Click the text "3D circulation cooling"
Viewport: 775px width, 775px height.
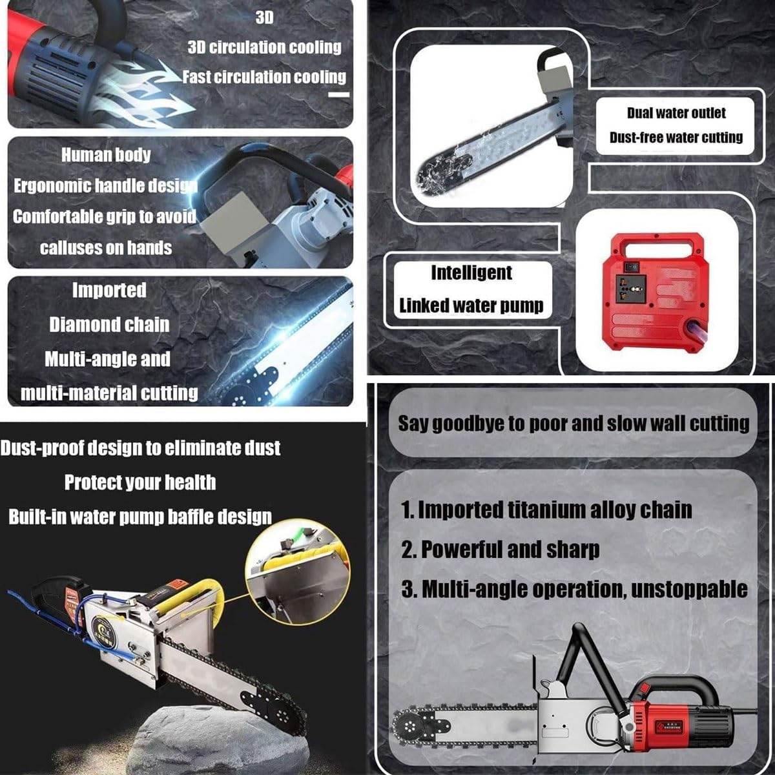click(x=264, y=47)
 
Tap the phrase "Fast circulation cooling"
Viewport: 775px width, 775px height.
click(x=264, y=77)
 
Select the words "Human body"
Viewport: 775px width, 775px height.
click(x=106, y=155)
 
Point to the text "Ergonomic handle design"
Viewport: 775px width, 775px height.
click(x=105, y=186)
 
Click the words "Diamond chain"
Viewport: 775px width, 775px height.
click(x=109, y=325)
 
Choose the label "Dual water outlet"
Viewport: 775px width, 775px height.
click(x=676, y=113)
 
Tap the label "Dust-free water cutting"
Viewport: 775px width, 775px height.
click(x=676, y=138)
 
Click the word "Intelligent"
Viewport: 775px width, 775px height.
click(x=471, y=273)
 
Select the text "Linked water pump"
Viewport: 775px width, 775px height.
click(x=471, y=305)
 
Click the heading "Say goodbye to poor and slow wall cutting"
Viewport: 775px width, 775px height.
click(x=573, y=424)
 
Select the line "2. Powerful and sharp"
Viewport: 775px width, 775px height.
click(x=501, y=549)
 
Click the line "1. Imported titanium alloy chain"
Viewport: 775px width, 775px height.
click(x=546, y=510)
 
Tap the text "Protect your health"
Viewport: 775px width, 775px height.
click(x=140, y=482)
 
